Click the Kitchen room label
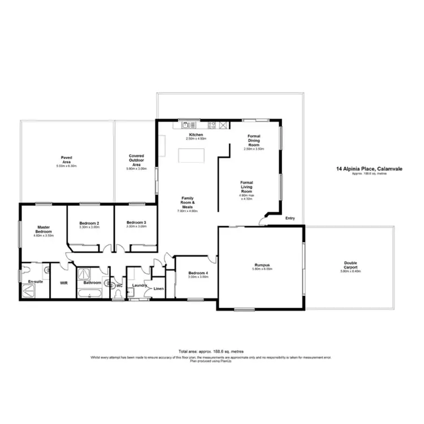(196, 135)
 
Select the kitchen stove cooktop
(212, 124)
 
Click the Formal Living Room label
(246, 187)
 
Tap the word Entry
(290, 218)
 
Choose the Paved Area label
(66, 159)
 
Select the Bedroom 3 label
(136, 223)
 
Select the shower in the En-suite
(28, 290)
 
